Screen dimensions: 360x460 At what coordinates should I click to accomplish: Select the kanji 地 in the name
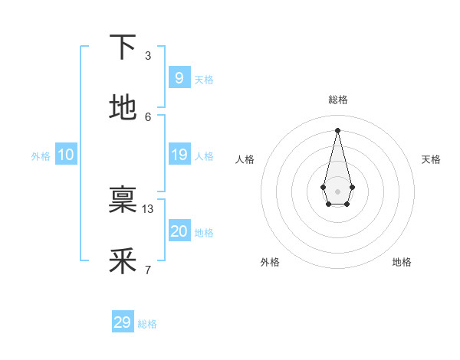click(x=123, y=108)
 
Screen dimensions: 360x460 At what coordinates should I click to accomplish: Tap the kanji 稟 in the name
click(x=123, y=200)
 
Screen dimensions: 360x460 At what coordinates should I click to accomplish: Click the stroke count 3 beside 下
click(x=148, y=55)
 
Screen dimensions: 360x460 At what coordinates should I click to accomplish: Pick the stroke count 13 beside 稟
click(x=149, y=208)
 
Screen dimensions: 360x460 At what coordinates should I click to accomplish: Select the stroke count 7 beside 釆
click(x=148, y=270)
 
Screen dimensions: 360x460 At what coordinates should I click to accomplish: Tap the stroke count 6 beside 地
click(x=148, y=116)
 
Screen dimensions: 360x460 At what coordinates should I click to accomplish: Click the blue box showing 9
click(x=179, y=77)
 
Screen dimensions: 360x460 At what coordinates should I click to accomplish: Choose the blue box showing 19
click(x=179, y=155)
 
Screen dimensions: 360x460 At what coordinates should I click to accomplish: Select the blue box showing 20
click(x=179, y=231)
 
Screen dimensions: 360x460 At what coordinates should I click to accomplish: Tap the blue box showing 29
click(x=122, y=322)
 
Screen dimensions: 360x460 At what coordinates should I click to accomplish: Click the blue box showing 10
click(x=65, y=155)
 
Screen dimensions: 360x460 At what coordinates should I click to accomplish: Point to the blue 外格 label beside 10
click(x=41, y=155)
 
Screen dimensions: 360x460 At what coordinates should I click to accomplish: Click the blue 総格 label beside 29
click(x=147, y=324)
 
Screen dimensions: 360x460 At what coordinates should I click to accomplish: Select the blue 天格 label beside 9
click(x=204, y=79)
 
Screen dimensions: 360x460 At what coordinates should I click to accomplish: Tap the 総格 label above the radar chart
click(x=338, y=100)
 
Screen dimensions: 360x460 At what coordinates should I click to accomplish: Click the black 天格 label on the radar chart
click(x=432, y=159)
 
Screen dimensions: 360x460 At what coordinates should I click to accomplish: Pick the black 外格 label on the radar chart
click(x=270, y=262)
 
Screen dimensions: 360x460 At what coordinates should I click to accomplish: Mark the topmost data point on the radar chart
click(x=337, y=129)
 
